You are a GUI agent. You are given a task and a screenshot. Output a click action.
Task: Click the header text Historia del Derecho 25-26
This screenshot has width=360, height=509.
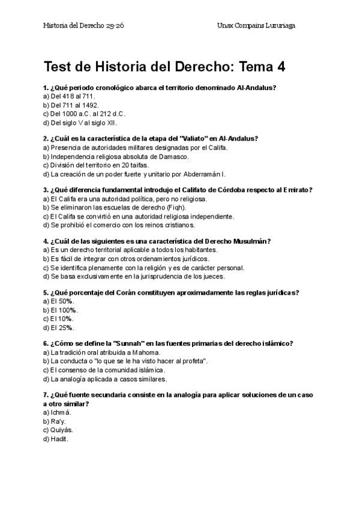coord(84,26)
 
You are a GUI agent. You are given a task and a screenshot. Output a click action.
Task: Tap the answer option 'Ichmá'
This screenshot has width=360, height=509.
coord(58,412)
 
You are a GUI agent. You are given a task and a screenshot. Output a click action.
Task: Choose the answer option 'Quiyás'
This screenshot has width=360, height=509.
coord(59,430)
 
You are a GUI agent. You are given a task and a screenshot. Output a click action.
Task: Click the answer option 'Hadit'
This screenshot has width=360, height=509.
coord(56,439)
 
